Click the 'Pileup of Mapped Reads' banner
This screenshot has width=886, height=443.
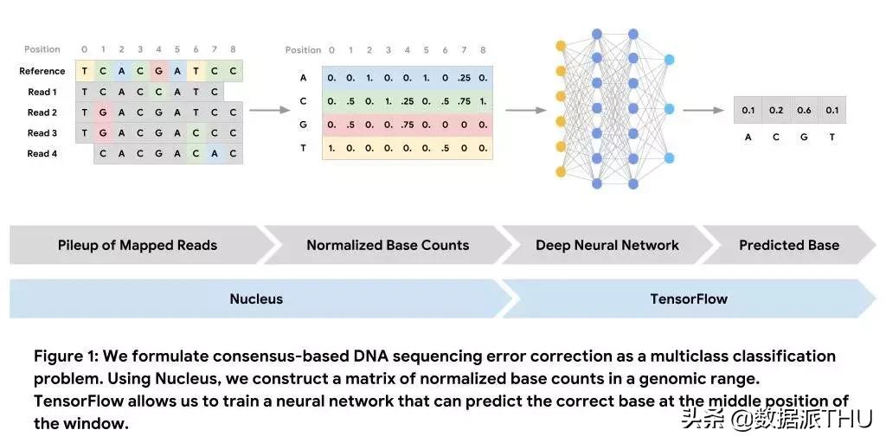(138, 245)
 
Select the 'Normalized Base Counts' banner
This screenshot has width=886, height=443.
(388, 245)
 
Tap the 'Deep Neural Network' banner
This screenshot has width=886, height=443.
(607, 245)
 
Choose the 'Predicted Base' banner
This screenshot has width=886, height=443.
(789, 245)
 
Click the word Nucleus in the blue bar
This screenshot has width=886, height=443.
(256, 299)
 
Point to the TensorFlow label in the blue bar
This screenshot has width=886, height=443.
(689, 299)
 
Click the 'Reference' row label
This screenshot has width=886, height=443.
(42, 71)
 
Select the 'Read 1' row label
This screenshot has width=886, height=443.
(42, 92)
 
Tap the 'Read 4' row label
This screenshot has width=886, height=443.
(42, 153)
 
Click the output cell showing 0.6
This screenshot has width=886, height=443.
(804, 110)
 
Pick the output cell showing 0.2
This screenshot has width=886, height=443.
(776, 110)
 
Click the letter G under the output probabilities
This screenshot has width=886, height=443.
(804, 138)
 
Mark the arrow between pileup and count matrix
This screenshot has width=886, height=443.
(268, 110)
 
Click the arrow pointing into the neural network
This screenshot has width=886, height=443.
(525, 110)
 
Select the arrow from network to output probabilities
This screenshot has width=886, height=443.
(703, 110)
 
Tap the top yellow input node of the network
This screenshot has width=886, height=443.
(561, 45)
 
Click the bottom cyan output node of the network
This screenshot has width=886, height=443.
(669, 158)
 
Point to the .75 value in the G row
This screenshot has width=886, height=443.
(408, 124)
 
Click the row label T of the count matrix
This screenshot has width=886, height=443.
(303, 148)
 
